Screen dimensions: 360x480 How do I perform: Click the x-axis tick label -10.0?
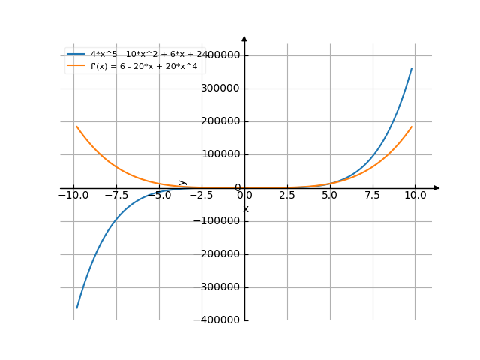[73, 196]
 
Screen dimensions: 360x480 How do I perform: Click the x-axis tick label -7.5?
[116, 196]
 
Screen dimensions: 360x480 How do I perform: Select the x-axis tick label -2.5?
[202, 196]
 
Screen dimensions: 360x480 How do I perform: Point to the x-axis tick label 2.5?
[287, 196]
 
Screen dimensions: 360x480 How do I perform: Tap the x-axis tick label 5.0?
[330, 196]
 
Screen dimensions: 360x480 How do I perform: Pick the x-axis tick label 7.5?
[373, 196]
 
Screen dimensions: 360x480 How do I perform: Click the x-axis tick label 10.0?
[415, 196]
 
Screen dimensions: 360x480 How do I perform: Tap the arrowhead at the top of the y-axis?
[244, 38]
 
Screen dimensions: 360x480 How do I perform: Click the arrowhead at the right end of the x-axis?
[436, 187]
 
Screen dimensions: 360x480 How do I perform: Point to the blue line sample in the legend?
[76, 55]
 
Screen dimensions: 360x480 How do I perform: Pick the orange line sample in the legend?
[76, 66]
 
